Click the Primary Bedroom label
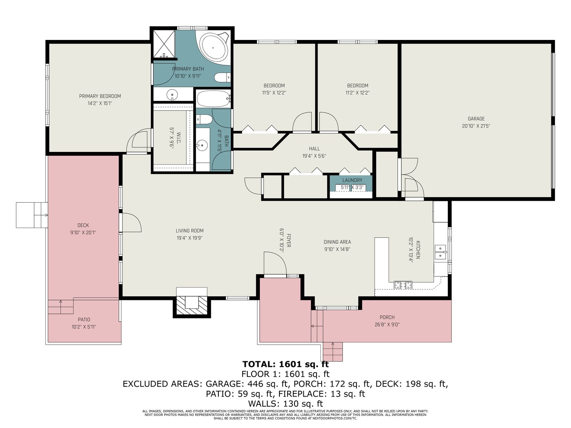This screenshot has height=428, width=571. tap(100, 96)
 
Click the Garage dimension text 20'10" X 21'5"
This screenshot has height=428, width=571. tap(476, 126)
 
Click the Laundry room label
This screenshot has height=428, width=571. tap(352, 180)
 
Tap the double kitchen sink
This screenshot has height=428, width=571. tap(440, 252)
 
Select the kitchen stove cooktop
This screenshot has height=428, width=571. tap(403, 285)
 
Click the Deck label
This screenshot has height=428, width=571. tap(83, 225)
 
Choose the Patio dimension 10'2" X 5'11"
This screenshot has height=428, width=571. tap(84, 327)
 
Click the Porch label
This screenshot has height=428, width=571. tap(387, 317)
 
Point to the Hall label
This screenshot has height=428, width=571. tap(314, 149)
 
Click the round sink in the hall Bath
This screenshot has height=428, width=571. tap(202, 145)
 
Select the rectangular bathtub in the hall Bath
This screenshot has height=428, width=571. tap(213, 99)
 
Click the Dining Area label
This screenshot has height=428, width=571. tap(337, 242)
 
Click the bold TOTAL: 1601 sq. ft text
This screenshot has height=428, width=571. tap(285, 364)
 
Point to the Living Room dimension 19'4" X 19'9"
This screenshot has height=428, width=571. tap(190, 238)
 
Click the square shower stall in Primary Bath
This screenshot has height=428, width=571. tap(164, 44)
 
